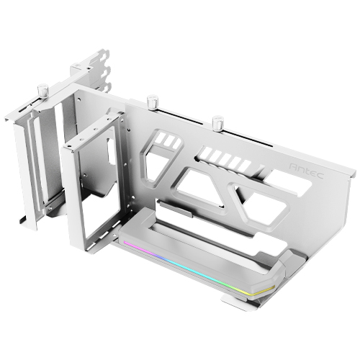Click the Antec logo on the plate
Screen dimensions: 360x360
point(307,171)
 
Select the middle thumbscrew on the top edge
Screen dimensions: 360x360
point(152,102)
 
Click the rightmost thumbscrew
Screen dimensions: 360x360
point(217,122)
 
